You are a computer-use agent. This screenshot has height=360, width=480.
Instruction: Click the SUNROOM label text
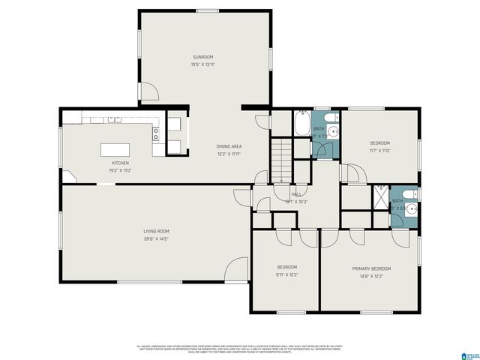202,57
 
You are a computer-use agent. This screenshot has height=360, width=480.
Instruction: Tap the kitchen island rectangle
121,149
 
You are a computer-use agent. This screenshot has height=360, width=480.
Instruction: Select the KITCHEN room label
121,163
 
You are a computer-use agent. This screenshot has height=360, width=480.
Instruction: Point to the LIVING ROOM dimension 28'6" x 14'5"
156,239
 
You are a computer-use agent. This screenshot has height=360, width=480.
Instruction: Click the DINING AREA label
229,146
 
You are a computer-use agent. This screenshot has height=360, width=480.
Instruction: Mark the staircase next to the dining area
280,160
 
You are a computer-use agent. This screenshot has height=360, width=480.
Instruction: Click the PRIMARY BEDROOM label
371,268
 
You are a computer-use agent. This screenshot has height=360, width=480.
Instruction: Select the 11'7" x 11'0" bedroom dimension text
380,150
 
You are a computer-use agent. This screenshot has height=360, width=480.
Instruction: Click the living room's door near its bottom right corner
238,268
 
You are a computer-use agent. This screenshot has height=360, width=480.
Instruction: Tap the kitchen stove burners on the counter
156,134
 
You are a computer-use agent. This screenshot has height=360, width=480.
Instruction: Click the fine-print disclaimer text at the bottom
239,349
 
